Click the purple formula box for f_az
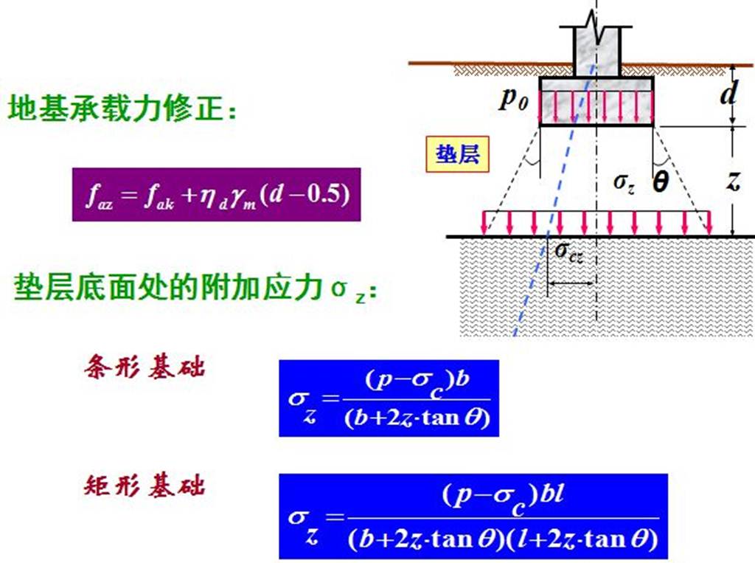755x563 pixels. coord(216,195)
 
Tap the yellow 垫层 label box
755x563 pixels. coord(457,155)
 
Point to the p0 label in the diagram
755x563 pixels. coord(514,100)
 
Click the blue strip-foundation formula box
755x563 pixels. coord(389,398)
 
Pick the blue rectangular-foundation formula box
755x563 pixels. coord(473,516)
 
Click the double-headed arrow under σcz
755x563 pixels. coord(571,283)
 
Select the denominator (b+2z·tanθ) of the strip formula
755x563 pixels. coord(417,418)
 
